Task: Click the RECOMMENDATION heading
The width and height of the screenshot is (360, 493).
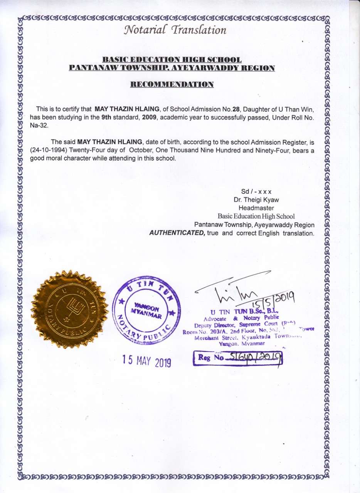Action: point(172,84)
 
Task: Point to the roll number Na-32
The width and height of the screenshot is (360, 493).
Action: point(39,126)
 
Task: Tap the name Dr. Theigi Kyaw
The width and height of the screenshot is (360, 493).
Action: point(256,200)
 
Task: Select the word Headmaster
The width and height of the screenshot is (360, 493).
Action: point(256,208)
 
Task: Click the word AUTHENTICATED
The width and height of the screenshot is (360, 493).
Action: point(177,233)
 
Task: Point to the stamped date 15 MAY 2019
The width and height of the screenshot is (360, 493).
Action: point(146,361)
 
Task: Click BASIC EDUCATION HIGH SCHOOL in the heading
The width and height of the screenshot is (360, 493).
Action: point(172,60)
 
